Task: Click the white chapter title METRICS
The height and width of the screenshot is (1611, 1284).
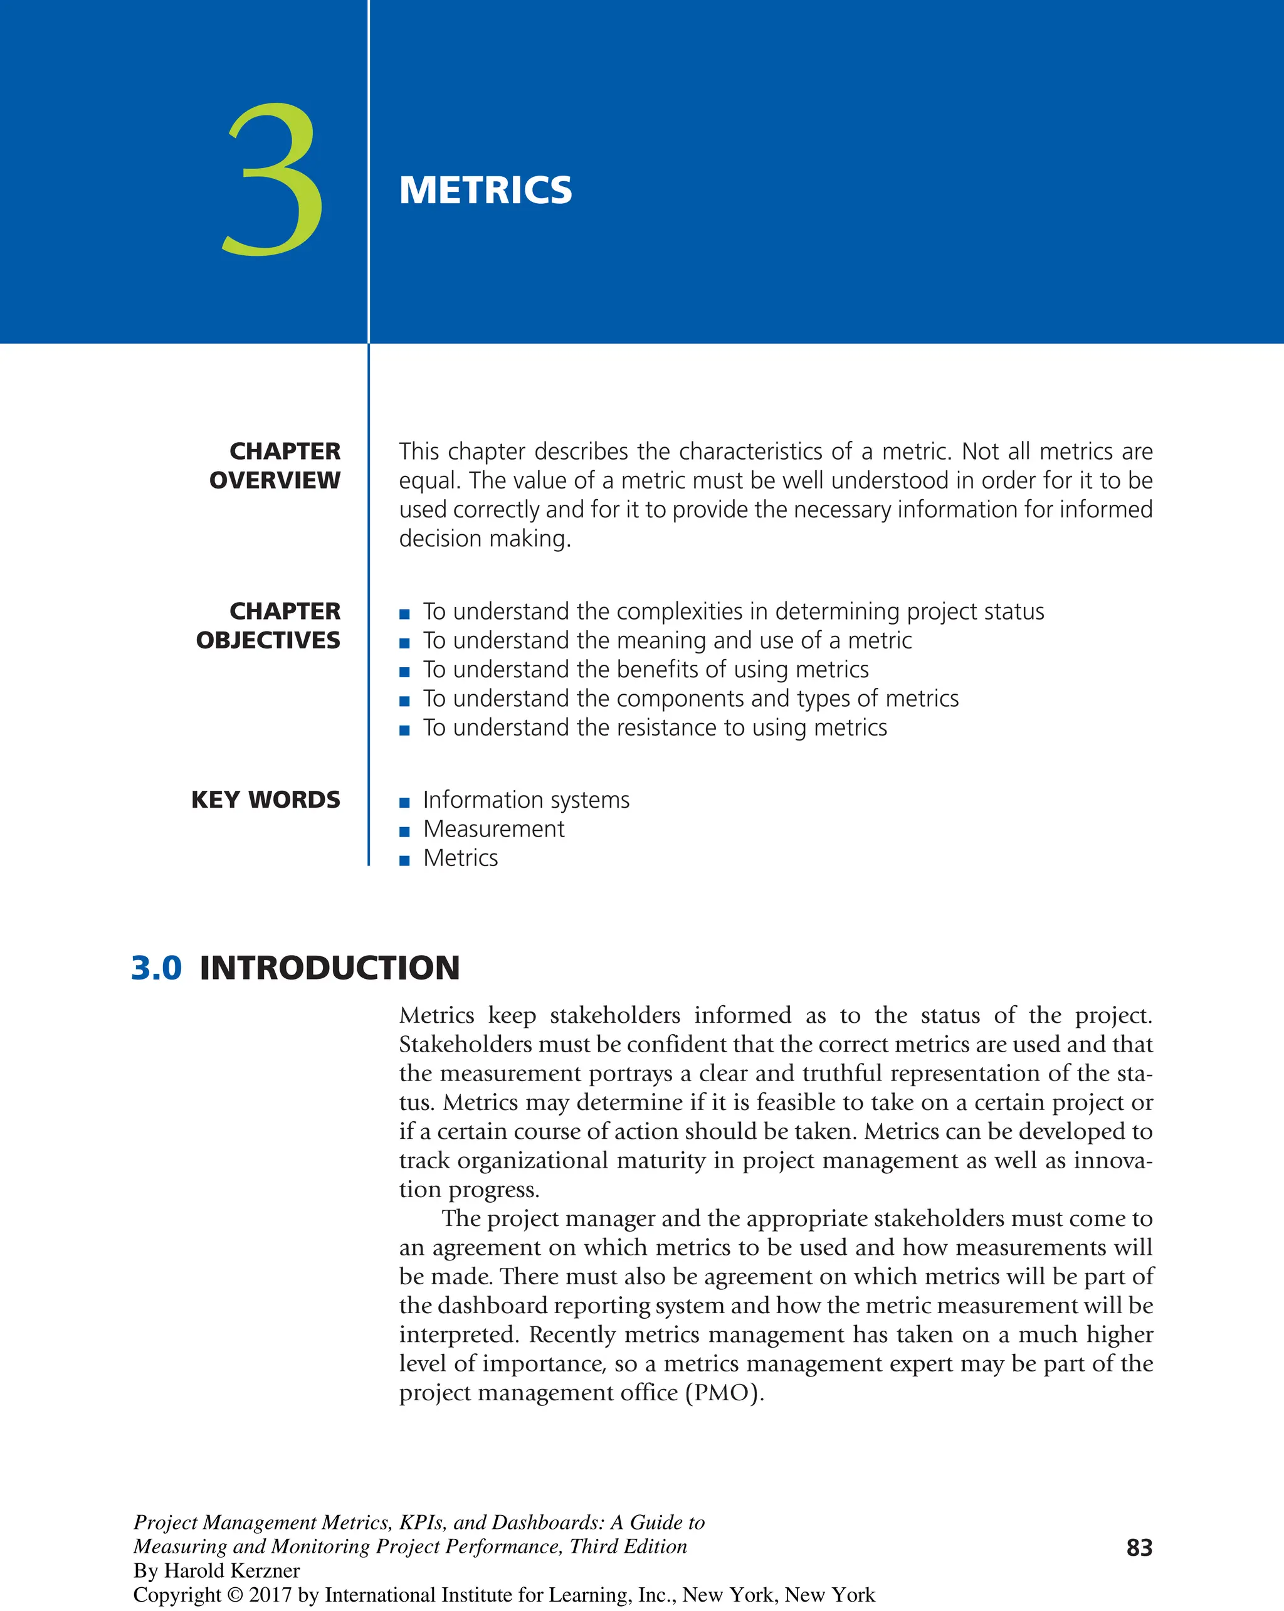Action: (485, 190)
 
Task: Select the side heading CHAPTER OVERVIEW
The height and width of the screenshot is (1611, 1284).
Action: (275, 465)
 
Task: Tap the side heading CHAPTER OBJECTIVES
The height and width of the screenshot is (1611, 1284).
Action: (268, 625)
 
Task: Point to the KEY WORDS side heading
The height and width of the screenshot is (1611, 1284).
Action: (265, 800)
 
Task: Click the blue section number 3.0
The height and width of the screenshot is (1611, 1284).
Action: (156, 968)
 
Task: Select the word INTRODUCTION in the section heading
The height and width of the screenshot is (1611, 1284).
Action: (329, 968)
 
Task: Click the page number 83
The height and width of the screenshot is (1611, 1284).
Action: (1139, 1548)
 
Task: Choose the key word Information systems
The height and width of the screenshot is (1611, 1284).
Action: (526, 800)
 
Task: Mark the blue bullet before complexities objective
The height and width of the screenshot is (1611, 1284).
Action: (404, 614)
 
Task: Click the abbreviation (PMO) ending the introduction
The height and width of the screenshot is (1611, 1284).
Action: (722, 1393)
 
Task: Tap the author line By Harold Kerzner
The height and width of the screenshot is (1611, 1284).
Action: (217, 1571)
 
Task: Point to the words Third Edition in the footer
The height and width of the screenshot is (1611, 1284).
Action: (628, 1546)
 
